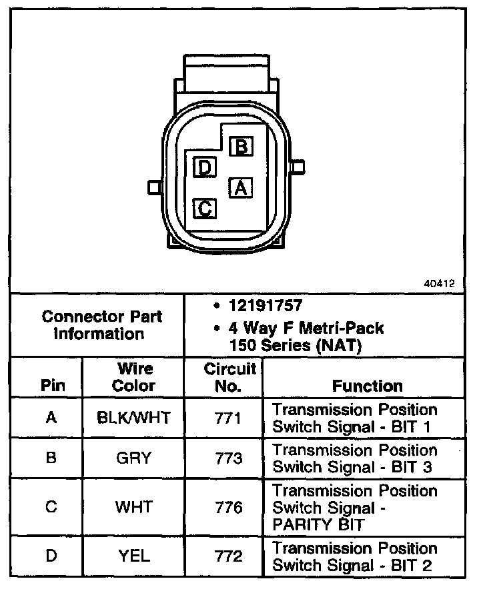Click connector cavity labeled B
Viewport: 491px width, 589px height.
tap(241, 147)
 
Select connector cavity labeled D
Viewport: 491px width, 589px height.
tap(205, 167)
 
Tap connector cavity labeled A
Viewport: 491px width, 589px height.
tap(241, 188)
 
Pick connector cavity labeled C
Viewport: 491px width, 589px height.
tap(205, 209)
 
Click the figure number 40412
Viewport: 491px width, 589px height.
tap(439, 283)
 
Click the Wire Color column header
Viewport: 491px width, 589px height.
tap(133, 377)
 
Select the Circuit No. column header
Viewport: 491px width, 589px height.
tap(229, 377)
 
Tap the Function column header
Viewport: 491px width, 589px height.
tap(368, 386)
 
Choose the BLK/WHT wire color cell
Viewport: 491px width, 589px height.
tap(133, 418)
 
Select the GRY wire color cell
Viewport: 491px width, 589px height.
tap(133, 458)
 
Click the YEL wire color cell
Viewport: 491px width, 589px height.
tap(133, 556)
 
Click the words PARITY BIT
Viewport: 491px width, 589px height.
tap(319, 524)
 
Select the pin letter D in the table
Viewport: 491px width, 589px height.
tap(51, 556)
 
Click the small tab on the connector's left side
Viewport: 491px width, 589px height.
tap(153, 188)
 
